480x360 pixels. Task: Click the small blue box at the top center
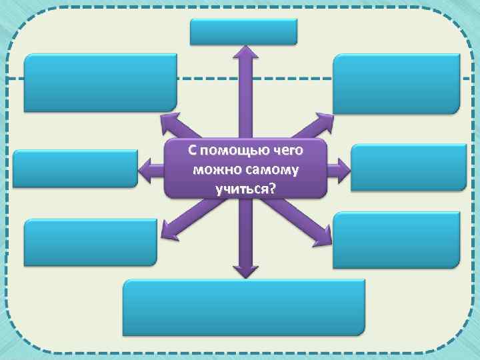pos(243,31)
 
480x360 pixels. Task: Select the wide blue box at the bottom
pos(244,307)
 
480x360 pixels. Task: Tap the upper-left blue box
pos(101,83)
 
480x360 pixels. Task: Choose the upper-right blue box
pos(397,83)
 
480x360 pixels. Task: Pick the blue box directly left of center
pos(75,169)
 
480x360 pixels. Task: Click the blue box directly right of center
pos(408,167)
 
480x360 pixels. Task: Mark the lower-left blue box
pos(91,243)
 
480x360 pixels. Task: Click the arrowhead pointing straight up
pos(245,53)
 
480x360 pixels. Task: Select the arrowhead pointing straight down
pos(245,269)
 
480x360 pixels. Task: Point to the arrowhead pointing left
pos(145,171)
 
